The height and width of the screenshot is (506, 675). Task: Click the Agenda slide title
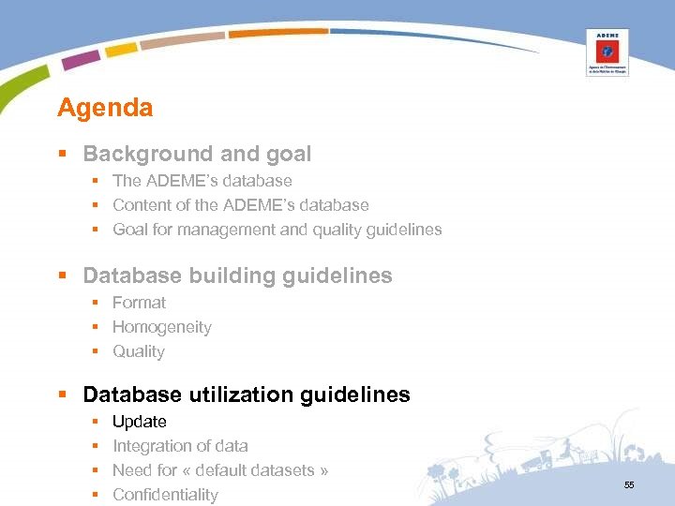105,108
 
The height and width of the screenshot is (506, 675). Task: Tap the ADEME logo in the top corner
607,52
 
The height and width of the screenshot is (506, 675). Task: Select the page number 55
629,484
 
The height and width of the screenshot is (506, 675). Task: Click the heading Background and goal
197,154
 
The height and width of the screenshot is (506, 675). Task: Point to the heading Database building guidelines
237,275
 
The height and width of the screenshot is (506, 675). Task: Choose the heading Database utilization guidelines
247,394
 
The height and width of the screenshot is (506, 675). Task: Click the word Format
139,303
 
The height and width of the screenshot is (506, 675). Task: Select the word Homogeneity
162,327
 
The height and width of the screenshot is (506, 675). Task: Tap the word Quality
139,351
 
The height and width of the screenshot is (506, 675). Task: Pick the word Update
140,422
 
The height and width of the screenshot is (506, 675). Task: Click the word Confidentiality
165,495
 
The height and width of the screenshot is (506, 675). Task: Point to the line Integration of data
180,446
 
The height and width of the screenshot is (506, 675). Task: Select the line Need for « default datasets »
220,470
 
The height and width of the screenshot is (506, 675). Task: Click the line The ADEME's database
202,181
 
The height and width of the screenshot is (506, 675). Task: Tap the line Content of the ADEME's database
241,205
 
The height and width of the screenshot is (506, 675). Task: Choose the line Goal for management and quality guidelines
277,230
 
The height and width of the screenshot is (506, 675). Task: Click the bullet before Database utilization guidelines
62,395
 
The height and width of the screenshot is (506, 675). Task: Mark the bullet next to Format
95,304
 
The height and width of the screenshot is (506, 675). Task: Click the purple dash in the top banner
82,59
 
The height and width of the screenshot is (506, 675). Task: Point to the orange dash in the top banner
277,33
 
